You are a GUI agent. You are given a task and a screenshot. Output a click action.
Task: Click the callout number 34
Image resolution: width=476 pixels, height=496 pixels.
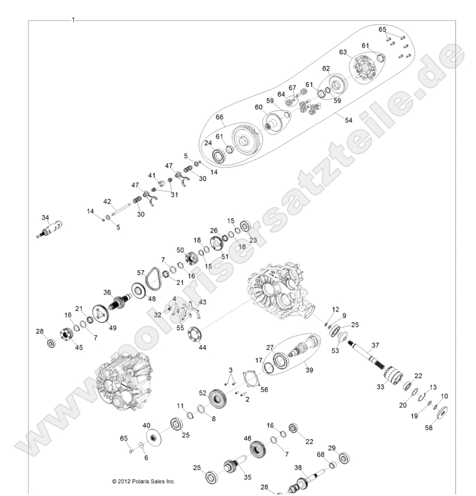pos(45,218)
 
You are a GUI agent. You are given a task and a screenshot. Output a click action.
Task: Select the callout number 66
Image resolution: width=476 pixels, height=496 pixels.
pos(220,117)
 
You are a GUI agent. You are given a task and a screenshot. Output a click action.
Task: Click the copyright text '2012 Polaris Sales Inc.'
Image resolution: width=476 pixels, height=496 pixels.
pos(143,481)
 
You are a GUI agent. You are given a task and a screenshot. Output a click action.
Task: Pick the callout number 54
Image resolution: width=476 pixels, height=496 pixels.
pos(349,120)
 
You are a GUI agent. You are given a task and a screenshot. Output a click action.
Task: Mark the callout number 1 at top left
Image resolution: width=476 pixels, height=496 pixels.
pos(73,19)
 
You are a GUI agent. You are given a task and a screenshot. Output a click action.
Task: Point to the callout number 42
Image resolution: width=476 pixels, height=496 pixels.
pos(107,201)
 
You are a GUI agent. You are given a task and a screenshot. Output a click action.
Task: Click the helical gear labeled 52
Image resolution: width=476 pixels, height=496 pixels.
pos(217,399)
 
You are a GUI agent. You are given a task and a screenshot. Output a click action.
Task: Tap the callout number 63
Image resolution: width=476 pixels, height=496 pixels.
pos(343,52)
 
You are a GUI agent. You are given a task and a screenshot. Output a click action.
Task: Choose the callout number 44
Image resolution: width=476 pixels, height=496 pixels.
pos(203,347)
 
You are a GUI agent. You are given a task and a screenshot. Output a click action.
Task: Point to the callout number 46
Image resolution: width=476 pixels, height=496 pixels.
pos(247,438)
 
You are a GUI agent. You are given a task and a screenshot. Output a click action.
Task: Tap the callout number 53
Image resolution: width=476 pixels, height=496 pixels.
pos(335,351)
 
